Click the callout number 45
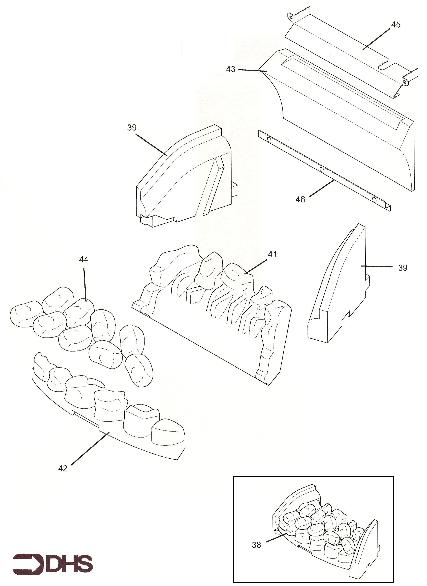click(x=396, y=25)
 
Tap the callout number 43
click(x=231, y=69)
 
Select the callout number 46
click(x=300, y=199)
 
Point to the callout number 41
click(x=272, y=254)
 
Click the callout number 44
click(x=84, y=260)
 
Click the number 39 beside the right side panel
click(x=402, y=268)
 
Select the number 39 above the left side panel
click(x=132, y=128)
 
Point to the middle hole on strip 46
click(x=322, y=170)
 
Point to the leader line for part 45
click(x=376, y=39)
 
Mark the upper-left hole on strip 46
click(x=269, y=140)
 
